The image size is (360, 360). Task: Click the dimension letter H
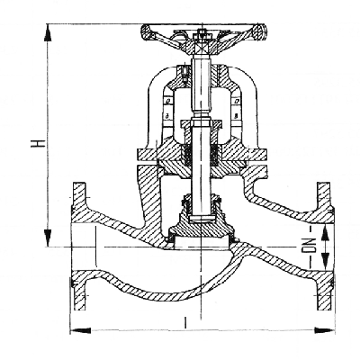pos(38,144)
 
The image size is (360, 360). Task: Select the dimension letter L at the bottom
pos(185,323)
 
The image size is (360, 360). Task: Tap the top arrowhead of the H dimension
pos(48,32)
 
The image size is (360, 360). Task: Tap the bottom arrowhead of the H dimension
pos(48,238)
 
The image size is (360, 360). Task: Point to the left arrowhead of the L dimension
pos(80,330)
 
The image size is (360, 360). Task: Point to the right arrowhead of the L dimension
pos(324,330)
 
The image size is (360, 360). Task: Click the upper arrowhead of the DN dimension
pos(325,234)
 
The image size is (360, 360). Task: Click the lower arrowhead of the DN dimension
pos(325,261)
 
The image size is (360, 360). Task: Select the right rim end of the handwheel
pos(260,31)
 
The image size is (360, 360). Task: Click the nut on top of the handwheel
pos(202,33)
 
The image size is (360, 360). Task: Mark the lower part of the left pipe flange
pos(79,291)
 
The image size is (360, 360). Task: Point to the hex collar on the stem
pos(201,123)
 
